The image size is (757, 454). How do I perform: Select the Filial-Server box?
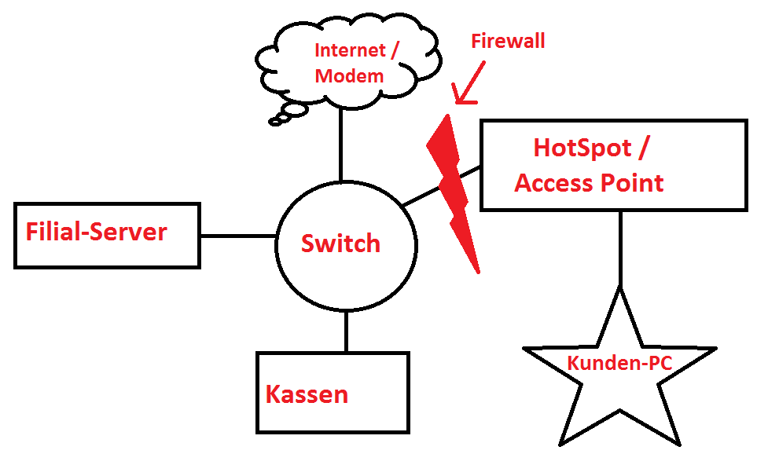(107, 235)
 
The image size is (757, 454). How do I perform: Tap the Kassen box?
(333, 392)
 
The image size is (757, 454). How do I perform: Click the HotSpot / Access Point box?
(613, 165)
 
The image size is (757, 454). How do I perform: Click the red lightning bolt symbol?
(453, 189)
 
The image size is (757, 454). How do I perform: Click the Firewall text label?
(508, 42)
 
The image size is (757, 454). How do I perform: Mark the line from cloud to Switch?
(341, 145)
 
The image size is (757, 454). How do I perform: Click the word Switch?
(340, 243)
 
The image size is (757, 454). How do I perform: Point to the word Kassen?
(307, 394)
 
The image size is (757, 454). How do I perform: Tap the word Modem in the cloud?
(349, 76)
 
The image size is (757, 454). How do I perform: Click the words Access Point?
(589, 183)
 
